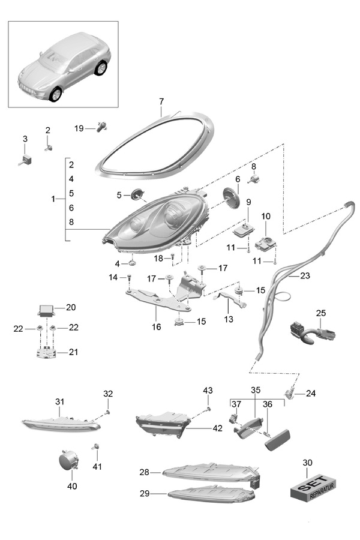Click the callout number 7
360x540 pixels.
tap(161, 102)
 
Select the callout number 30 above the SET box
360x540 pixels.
tap(308, 463)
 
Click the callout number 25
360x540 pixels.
tap(321, 313)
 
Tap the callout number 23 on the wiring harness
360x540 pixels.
tap(305, 277)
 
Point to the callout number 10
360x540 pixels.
tap(266, 215)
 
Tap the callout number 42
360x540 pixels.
tap(217, 428)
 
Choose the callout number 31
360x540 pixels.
tap(59, 401)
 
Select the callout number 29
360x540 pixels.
tap(144, 494)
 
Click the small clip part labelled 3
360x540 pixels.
tap(26, 158)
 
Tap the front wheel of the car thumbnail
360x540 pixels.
tap(56, 94)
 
